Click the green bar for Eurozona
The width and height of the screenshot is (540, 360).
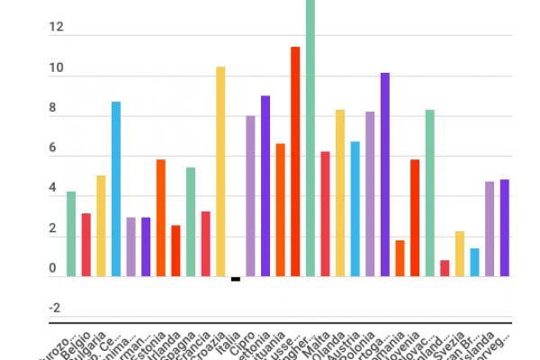(71, 234)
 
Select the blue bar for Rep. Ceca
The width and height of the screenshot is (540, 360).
(116, 189)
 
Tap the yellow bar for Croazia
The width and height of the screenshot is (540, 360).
(220, 171)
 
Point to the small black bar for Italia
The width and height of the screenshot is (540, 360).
(236, 279)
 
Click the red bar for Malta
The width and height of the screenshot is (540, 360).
(325, 213)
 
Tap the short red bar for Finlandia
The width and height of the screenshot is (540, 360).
(445, 268)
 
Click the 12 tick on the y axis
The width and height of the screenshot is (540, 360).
(58, 28)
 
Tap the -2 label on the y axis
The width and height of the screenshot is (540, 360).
(56, 309)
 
